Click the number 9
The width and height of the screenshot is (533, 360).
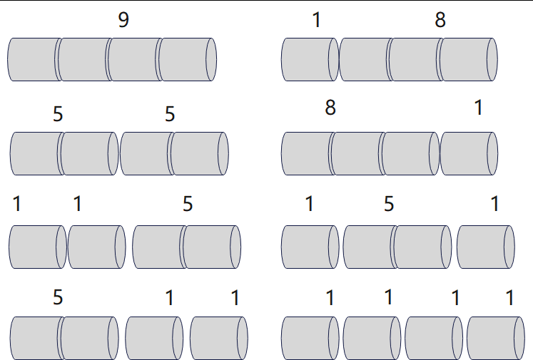[x=123, y=20]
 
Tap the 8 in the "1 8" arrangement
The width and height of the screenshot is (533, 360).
[x=440, y=20]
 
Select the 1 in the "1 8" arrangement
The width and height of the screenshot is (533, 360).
[x=317, y=20]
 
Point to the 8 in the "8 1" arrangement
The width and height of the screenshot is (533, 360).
[x=330, y=108]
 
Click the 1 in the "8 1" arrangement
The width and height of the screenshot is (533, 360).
[x=478, y=108]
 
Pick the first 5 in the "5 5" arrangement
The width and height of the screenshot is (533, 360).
[x=58, y=114]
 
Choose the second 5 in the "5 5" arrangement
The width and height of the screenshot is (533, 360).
[x=170, y=114]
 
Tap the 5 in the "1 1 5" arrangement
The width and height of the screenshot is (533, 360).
[x=188, y=205]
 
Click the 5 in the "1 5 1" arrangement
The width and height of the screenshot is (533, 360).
[x=389, y=205]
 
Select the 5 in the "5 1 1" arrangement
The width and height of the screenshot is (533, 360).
[x=58, y=297]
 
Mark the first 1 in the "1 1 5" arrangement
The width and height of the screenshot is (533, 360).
[x=17, y=205]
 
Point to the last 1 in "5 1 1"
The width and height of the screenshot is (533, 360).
[x=235, y=297]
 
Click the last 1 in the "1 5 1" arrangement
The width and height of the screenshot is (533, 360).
[x=495, y=205]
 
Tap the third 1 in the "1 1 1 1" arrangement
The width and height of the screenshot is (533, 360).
[x=455, y=297]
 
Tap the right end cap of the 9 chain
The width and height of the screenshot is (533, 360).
[x=211, y=59]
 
